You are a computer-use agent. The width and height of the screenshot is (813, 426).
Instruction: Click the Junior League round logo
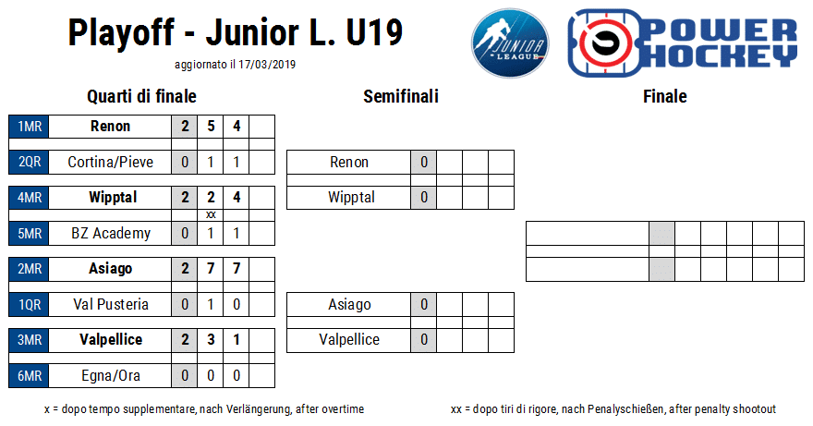pyautogui.click(x=510, y=43)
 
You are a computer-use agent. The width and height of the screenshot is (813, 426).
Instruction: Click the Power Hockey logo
pyautogui.click(x=683, y=43)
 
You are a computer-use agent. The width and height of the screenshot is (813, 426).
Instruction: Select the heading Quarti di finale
pyautogui.click(x=141, y=96)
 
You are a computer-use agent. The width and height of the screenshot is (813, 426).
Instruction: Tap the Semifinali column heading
pyautogui.click(x=401, y=96)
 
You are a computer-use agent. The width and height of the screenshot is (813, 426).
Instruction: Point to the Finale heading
pyautogui.click(x=664, y=96)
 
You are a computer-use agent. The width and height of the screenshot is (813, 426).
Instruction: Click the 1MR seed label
pyautogui.click(x=29, y=126)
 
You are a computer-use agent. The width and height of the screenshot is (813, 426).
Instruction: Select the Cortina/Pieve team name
pyautogui.click(x=111, y=162)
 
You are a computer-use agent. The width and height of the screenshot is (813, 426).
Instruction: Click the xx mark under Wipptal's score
pyautogui.click(x=211, y=214)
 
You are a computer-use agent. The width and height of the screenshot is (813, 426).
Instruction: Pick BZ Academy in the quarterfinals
pyautogui.click(x=111, y=234)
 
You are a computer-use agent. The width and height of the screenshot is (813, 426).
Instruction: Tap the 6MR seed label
pyautogui.click(x=29, y=376)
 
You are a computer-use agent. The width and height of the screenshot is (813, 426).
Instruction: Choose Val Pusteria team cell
pyautogui.click(x=111, y=305)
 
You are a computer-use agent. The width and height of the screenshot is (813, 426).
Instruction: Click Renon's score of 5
pyautogui.click(x=211, y=126)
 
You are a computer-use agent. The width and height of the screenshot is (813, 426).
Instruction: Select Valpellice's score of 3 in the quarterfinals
pyautogui.click(x=211, y=340)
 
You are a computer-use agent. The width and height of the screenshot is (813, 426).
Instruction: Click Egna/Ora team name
pyautogui.click(x=111, y=376)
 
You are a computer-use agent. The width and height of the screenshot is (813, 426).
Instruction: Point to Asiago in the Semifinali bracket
pyautogui.click(x=349, y=305)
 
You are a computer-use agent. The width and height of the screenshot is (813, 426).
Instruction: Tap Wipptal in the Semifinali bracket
pyautogui.click(x=351, y=198)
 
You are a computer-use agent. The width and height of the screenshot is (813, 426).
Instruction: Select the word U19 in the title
pyautogui.click(x=374, y=32)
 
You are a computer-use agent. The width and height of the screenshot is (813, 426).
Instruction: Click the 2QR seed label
pyautogui.click(x=29, y=162)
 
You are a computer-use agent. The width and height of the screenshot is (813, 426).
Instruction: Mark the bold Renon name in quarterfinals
pyautogui.click(x=111, y=126)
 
